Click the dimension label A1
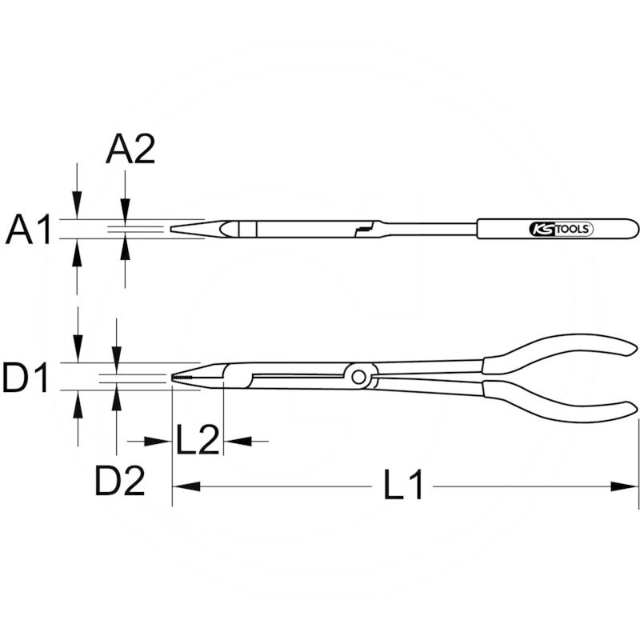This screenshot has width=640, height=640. point(29,230)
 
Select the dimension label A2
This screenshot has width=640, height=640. point(130,149)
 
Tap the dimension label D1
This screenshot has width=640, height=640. point(27,378)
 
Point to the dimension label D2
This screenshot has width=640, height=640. point(120,480)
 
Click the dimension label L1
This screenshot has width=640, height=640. point(403,486)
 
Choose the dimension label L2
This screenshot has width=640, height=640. point(197,441)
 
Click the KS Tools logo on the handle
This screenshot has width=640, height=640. point(560,229)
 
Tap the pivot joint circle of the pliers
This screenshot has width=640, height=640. point(359,375)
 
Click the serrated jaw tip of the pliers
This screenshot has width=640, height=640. point(186,377)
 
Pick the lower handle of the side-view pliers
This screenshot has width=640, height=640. point(560,398)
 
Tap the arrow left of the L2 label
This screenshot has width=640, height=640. point(160,441)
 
